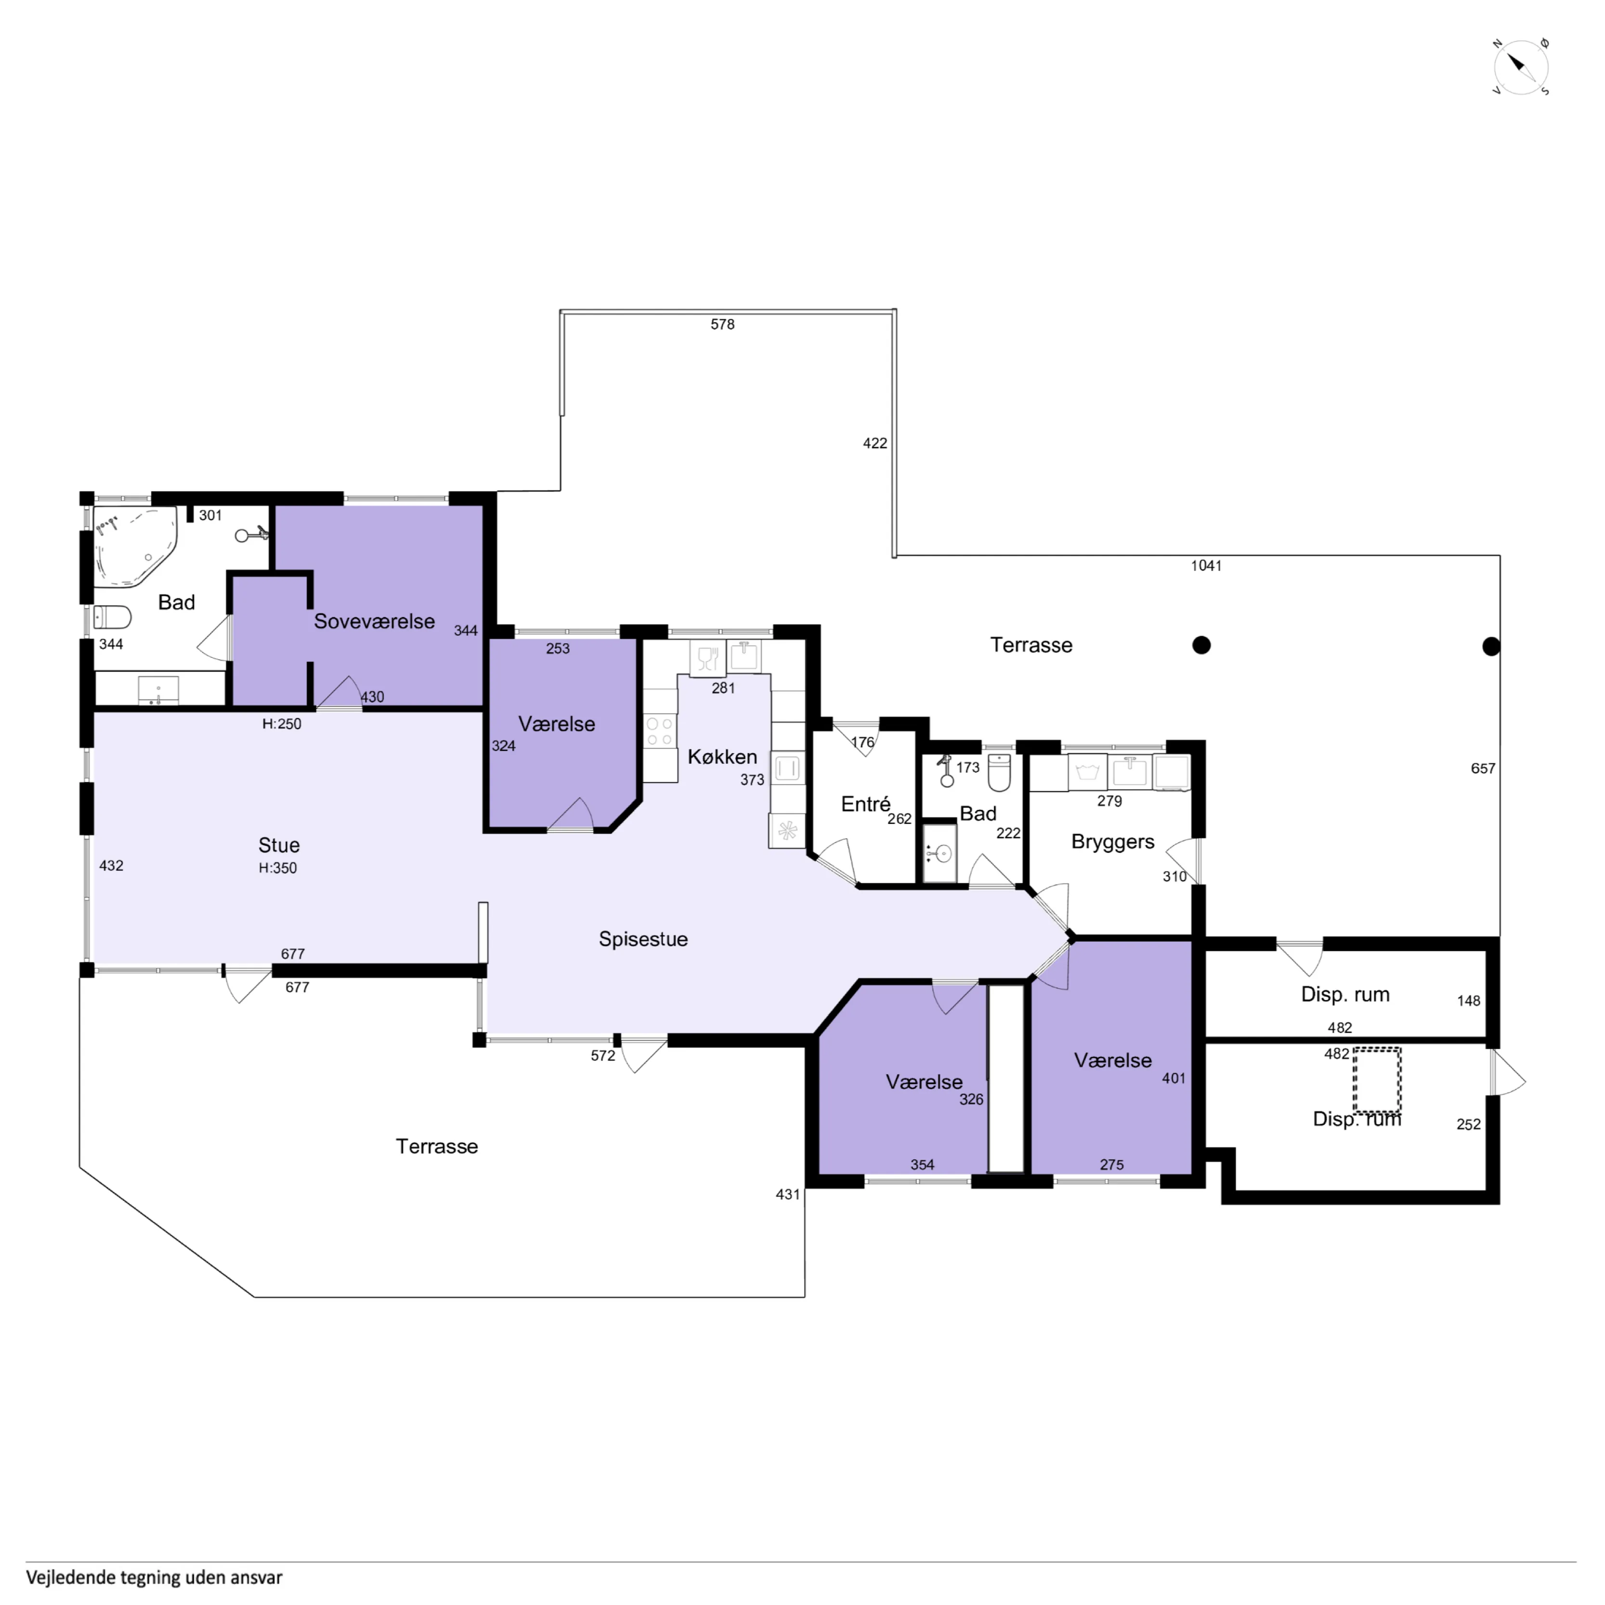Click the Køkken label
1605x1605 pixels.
[722, 757]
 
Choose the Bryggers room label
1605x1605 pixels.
[1112, 842]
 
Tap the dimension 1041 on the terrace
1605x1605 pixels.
[1206, 566]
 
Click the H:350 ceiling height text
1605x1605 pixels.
[277, 868]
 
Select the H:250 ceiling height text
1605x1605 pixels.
[282, 724]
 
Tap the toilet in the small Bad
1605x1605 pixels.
[999, 772]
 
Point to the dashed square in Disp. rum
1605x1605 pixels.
[1377, 1080]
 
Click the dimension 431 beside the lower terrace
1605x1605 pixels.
[787, 1195]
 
